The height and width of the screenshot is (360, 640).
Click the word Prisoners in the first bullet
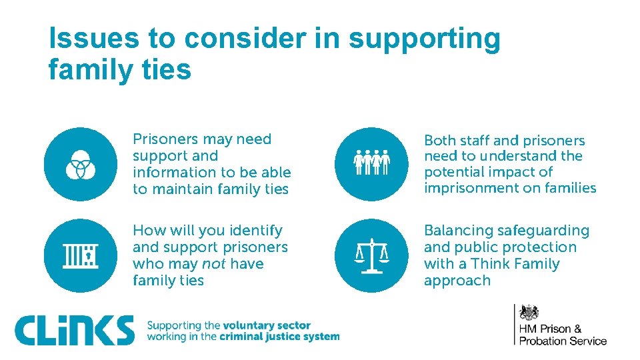pos(165,139)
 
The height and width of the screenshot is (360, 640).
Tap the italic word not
pos(213,264)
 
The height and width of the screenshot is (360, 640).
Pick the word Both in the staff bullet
pos(439,141)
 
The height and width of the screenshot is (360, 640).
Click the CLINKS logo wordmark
pos(75,330)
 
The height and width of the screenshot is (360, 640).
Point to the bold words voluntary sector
pos(267,325)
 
